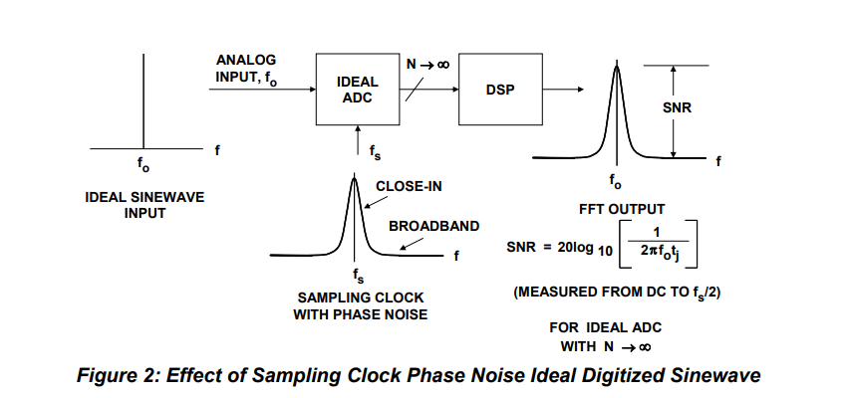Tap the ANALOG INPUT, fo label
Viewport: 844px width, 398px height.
coord(246,70)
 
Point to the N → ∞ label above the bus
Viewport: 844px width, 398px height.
coord(427,65)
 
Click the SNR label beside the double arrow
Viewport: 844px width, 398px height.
coord(678,108)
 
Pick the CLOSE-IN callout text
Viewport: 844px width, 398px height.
coord(409,187)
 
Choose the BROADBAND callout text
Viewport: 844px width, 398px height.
coord(433,227)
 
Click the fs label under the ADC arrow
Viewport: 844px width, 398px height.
coord(376,152)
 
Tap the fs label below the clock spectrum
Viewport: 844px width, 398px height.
coord(358,276)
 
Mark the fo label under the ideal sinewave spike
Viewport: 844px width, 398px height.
coord(143,165)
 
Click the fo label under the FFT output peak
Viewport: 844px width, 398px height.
coord(615,182)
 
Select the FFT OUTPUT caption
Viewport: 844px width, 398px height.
coord(622,209)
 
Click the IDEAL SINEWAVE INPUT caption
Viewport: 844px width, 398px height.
coord(144,205)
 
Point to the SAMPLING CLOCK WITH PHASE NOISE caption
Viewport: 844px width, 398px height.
coord(360,306)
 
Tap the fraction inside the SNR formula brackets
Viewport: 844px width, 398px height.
coord(658,242)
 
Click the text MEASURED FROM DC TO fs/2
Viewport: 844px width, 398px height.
coord(617,293)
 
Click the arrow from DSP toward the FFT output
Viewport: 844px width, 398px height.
coord(563,90)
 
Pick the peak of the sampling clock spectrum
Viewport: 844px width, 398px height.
coord(354,177)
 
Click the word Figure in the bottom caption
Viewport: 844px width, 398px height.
coord(106,375)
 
